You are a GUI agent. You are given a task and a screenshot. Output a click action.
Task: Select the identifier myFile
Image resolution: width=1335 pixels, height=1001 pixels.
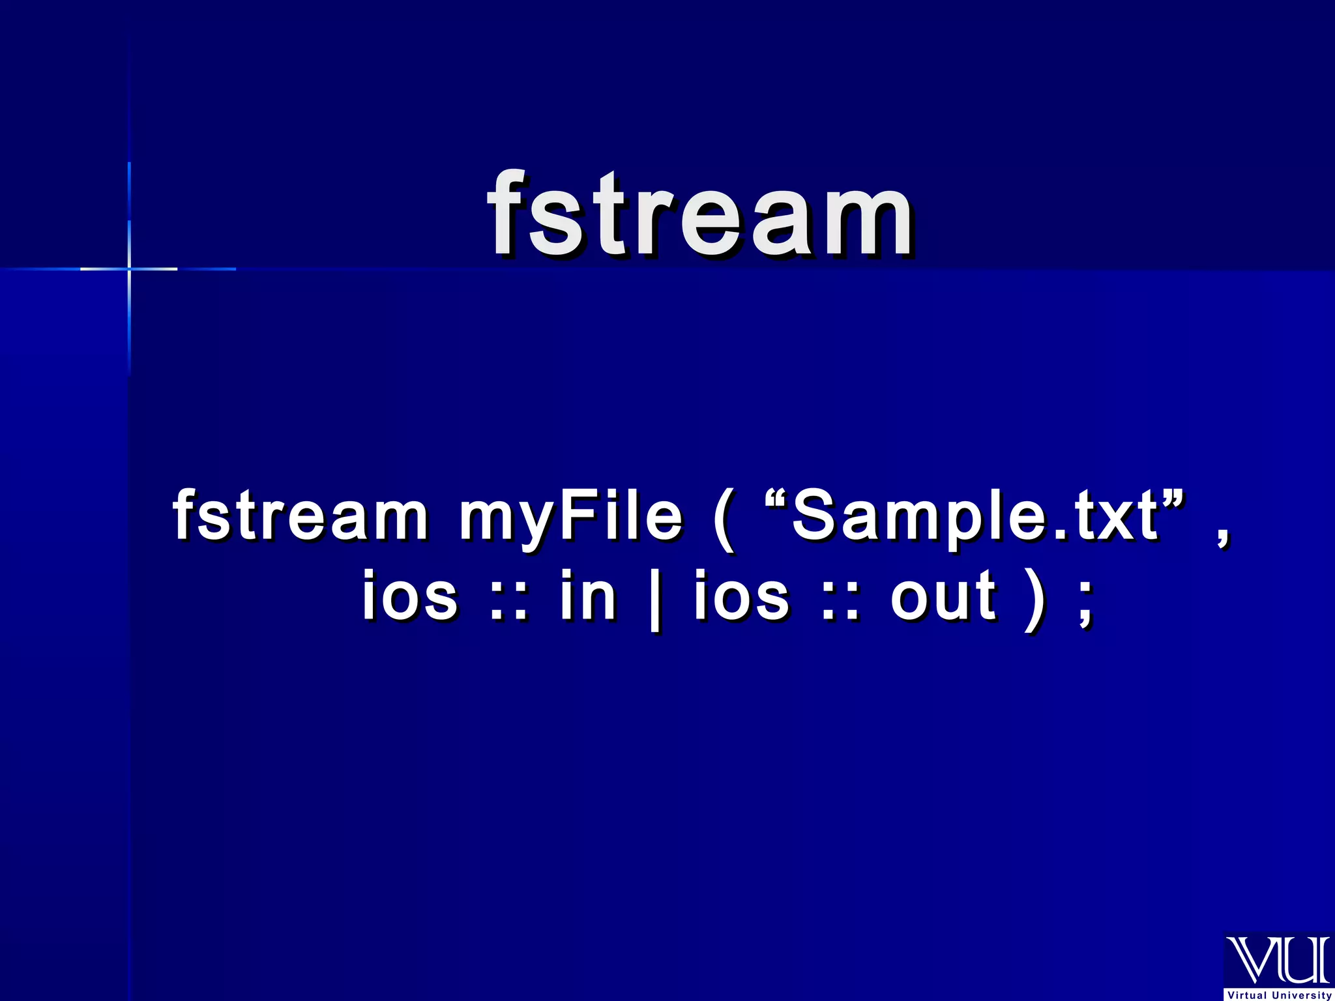tap(571, 519)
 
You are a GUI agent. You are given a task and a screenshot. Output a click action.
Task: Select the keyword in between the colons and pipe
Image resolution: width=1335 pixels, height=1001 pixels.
tap(587, 594)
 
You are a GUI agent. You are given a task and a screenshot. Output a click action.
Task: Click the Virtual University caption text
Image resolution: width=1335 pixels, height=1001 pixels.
tap(1279, 994)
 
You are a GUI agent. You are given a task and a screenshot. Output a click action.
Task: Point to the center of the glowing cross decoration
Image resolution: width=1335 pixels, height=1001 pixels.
tap(129, 268)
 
